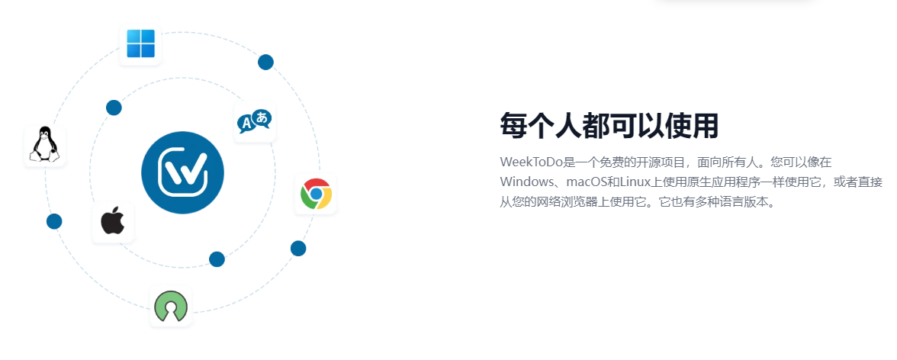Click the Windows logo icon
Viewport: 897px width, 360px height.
(140, 44)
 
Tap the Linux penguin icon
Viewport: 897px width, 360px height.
(45, 146)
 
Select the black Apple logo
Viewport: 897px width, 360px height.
(113, 221)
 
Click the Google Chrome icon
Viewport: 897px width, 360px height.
(316, 194)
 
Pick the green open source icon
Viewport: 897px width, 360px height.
(171, 306)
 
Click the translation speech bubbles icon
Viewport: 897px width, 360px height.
(255, 121)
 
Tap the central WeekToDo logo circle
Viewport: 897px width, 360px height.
(182, 172)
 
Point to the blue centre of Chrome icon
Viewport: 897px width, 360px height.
(316, 194)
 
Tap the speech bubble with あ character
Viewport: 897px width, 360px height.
(262, 118)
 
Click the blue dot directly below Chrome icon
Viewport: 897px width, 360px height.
(298, 249)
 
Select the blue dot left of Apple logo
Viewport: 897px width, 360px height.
(54, 221)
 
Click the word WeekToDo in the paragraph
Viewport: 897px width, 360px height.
(532, 162)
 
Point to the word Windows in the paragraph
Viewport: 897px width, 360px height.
(524, 182)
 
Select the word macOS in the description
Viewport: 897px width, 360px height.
(587, 182)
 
